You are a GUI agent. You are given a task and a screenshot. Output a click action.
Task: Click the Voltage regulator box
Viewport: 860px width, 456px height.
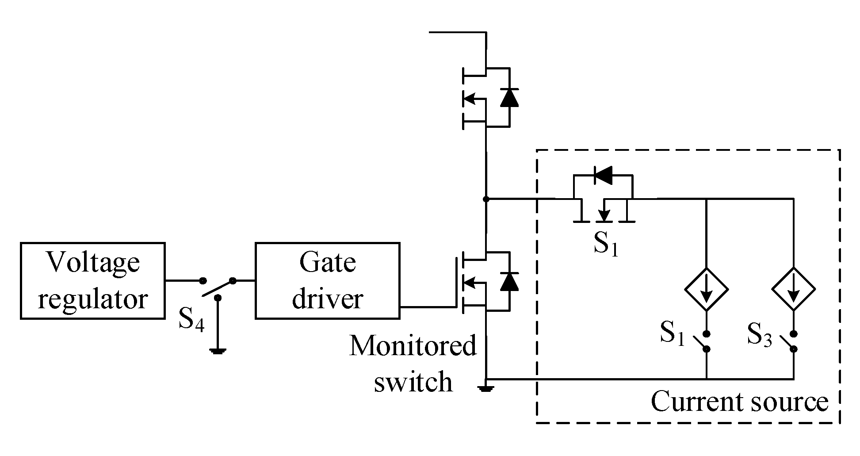click(92, 280)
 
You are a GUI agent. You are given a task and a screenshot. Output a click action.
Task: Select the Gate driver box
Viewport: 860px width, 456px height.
click(327, 280)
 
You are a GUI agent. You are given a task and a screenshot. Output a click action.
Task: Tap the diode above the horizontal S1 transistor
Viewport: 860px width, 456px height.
click(603, 175)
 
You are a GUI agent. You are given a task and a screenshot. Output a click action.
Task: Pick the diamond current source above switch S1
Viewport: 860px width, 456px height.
click(706, 289)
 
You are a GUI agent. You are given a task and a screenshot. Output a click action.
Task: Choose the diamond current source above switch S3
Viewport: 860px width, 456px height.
click(793, 289)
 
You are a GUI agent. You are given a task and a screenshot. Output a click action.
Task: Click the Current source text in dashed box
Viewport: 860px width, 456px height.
click(739, 402)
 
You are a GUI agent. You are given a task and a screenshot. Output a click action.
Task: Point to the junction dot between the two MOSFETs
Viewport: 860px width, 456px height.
click(486, 199)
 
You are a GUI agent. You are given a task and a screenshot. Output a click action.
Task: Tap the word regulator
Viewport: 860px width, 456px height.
click(92, 300)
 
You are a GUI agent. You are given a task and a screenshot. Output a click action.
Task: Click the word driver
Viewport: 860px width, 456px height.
click(327, 300)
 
